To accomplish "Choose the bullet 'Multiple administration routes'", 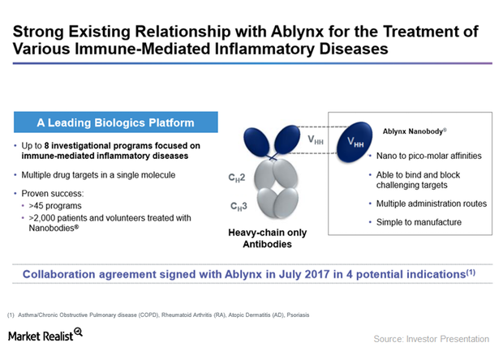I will point(427,203).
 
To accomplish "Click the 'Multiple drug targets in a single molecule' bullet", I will point(101,175).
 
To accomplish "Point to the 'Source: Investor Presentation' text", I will point(432,337).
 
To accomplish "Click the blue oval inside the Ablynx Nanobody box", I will point(358,138).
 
